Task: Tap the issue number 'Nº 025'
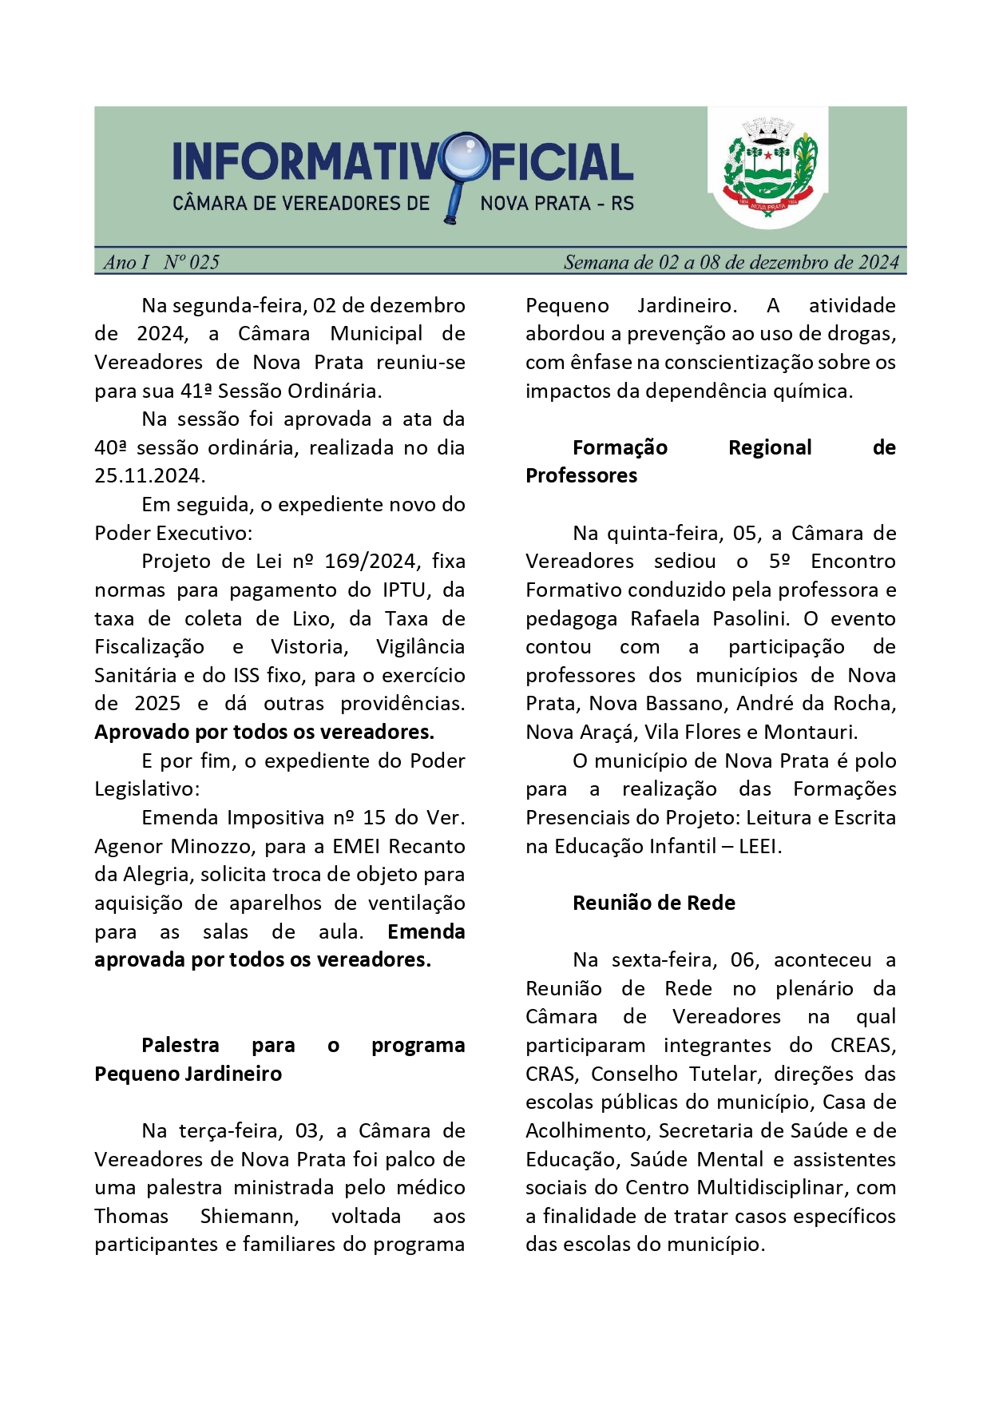click(191, 262)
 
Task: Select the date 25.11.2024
click(149, 476)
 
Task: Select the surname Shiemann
click(249, 1217)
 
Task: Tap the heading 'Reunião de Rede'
click(653, 904)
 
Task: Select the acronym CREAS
click(862, 1046)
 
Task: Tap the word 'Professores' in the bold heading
click(581, 476)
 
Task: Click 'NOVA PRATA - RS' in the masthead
click(557, 204)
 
